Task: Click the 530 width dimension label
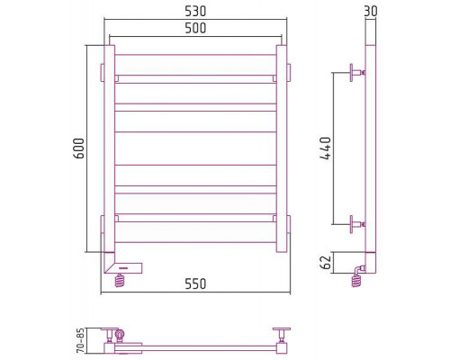[195, 12]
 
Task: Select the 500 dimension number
[195, 28]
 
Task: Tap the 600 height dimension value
[79, 148]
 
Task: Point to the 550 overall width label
[195, 283]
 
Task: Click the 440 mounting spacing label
[326, 148]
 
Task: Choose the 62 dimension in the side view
[326, 262]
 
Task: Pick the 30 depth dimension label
[371, 12]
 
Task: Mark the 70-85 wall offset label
[80, 341]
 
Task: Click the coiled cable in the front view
[120, 281]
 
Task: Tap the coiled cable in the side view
[356, 281]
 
